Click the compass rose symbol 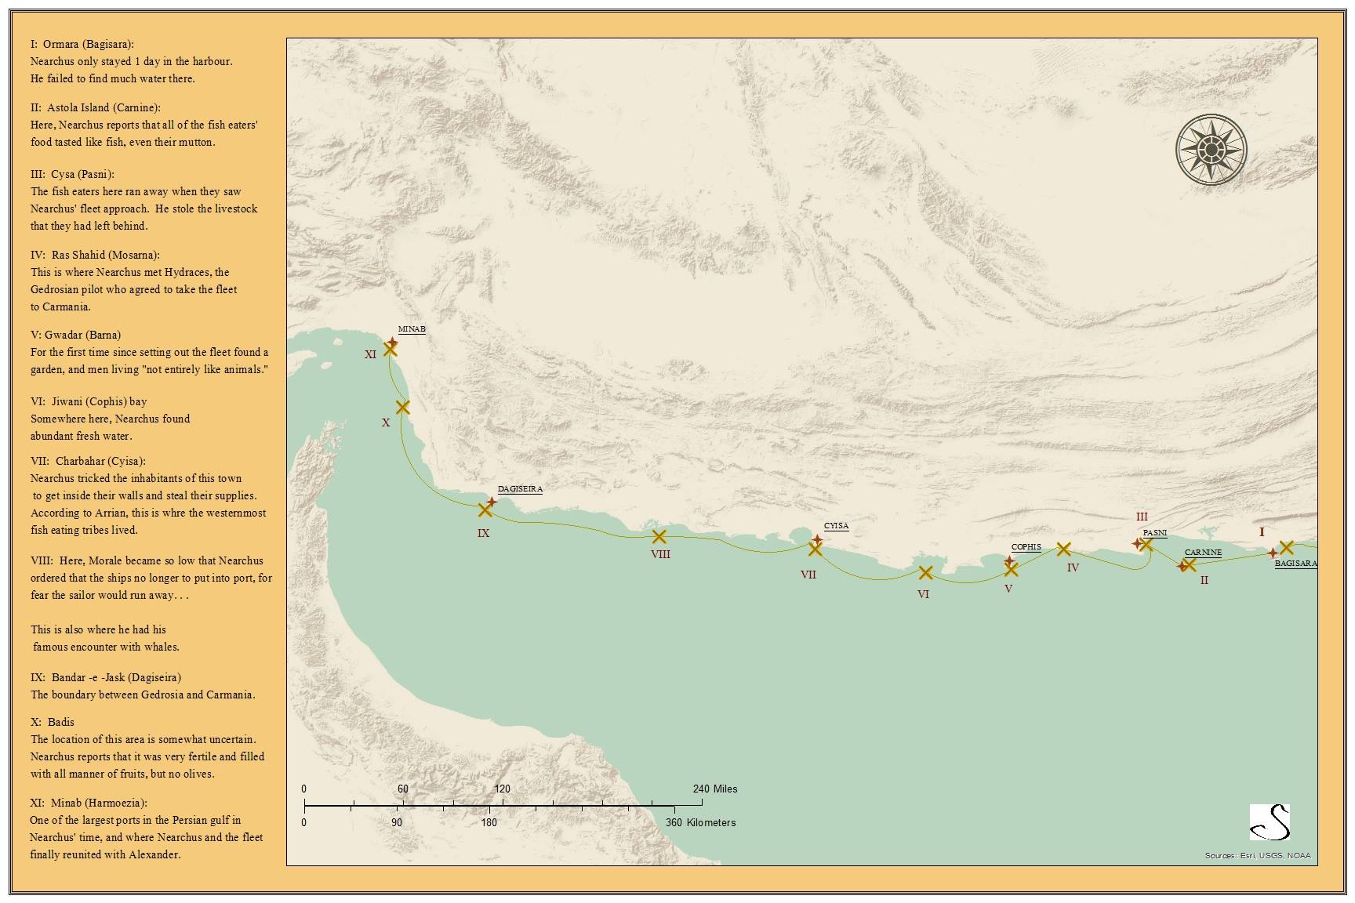[x=1211, y=150]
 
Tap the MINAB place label [x=412, y=329]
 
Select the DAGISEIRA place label [x=520, y=489]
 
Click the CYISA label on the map [x=836, y=526]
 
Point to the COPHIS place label [x=1026, y=547]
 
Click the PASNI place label [x=1154, y=533]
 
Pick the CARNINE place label [x=1203, y=553]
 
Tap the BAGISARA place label [x=1295, y=564]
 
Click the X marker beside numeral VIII [x=659, y=537]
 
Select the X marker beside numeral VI [x=925, y=573]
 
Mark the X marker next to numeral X [x=403, y=407]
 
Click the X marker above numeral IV [x=1063, y=549]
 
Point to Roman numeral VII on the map [x=808, y=575]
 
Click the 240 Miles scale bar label [x=714, y=789]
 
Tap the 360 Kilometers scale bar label [x=700, y=822]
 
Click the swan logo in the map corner [x=1270, y=822]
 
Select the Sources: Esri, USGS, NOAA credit [x=1258, y=856]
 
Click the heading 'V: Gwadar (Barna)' [x=75, y=335]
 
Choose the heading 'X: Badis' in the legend [x=53, y=722]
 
